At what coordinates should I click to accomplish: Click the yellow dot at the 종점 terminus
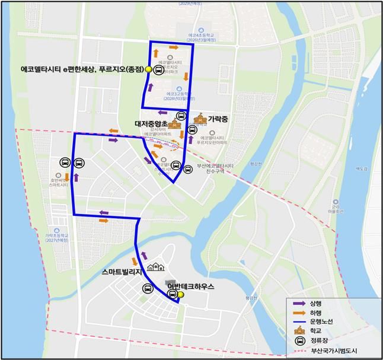point(148,70)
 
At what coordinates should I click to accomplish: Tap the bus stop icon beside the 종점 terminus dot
point(158,70)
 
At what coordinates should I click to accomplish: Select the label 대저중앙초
point(151,125)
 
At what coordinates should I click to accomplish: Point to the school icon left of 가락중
point(200,119)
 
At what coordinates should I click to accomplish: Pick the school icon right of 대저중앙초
point(174,125)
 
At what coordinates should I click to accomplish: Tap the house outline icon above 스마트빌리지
point(155,267)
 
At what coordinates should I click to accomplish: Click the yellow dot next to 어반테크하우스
point(181,295)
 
